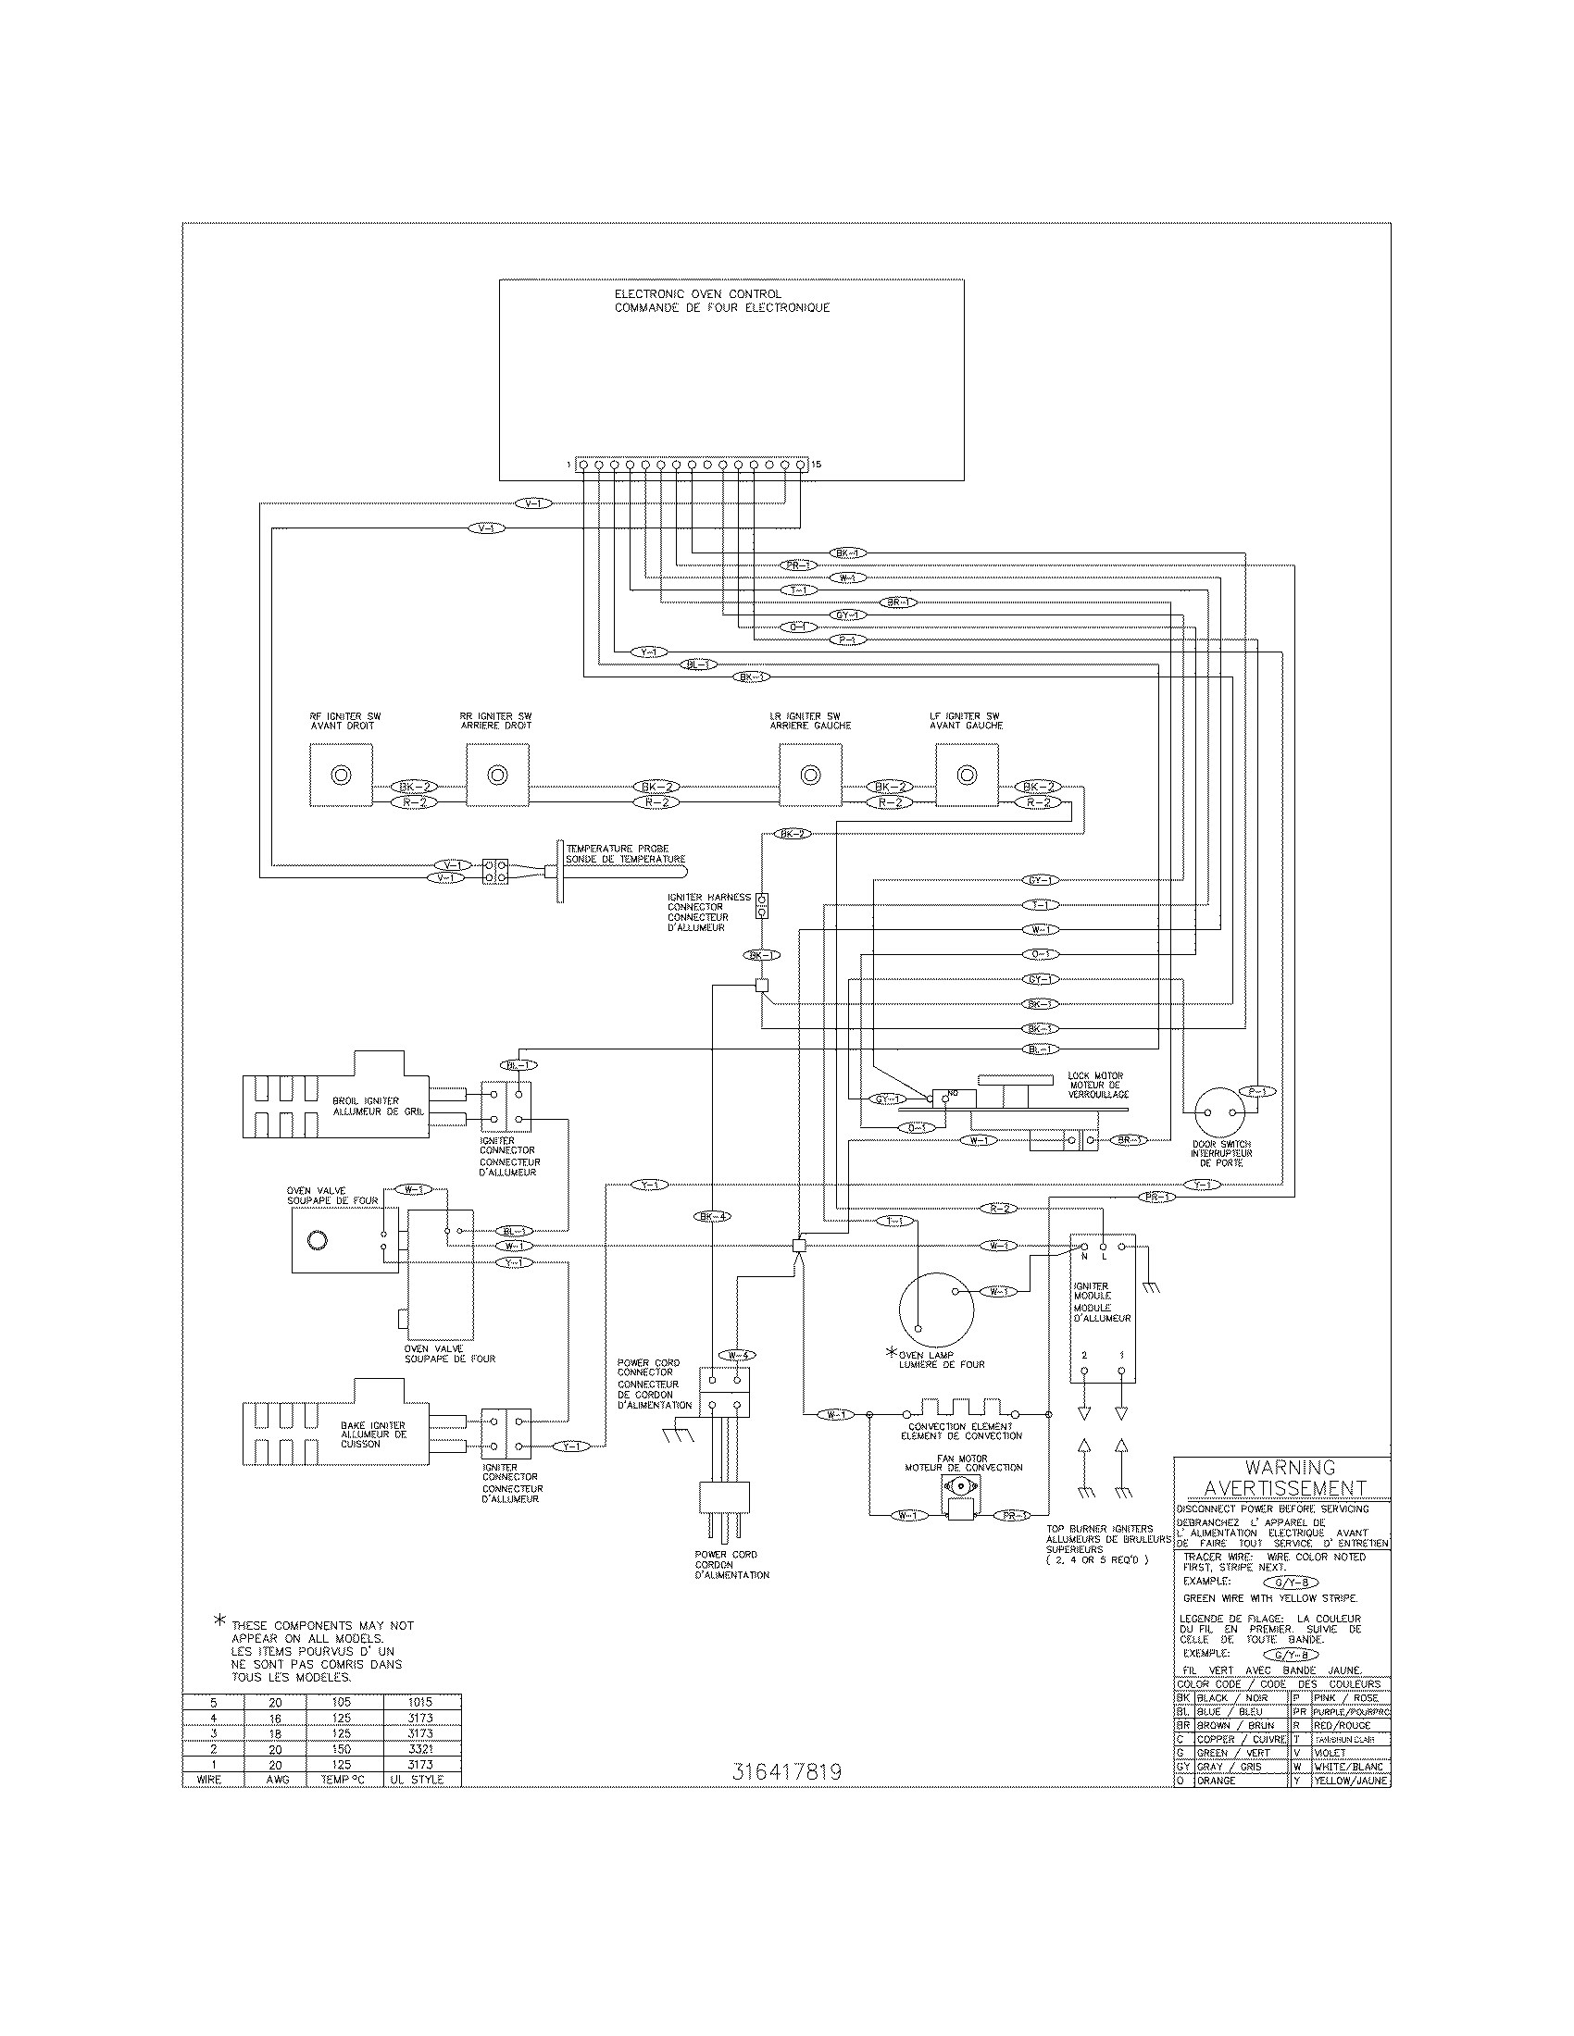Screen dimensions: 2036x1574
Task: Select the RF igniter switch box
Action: pos(341,775)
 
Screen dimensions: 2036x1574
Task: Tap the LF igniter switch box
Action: pos(967,775)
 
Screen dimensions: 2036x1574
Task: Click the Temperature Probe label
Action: pos(626,854)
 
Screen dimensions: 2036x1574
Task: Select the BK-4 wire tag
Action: pos(713,1216)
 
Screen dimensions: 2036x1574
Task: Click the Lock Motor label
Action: pos(1094,1085)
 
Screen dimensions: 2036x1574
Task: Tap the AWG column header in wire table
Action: pos(277,1780)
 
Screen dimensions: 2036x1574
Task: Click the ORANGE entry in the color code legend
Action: pos(1216,1781)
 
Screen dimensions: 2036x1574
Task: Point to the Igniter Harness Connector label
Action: pos(708,912)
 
